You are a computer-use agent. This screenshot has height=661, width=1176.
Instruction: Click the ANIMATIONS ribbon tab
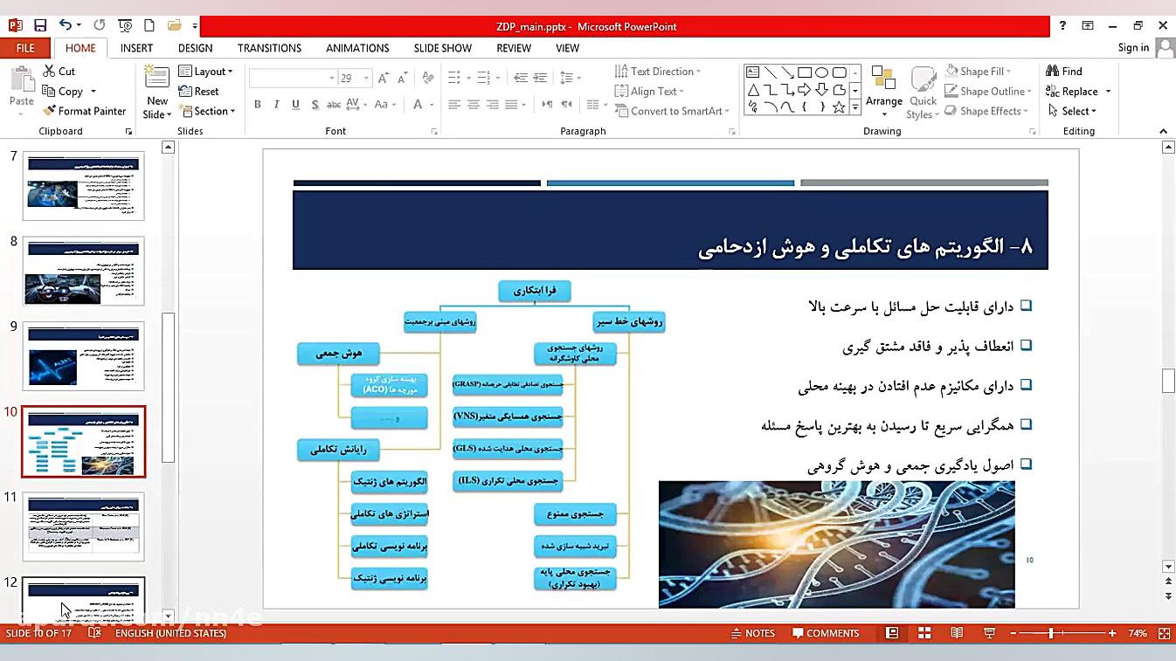pos(357,48)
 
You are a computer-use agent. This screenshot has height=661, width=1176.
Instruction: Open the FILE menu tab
pos(25,48)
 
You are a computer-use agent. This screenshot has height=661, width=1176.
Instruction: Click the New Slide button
pos(157,91)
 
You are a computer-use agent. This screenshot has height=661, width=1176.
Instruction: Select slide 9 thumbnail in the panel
pos(84,355)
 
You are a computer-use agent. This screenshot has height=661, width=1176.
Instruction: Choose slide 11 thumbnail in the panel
pos(84,526)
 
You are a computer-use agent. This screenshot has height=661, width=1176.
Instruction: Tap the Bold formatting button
pos(258,105)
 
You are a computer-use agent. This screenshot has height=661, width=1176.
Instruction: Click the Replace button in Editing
pos(1079,92)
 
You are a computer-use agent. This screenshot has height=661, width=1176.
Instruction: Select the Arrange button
pos(884,91)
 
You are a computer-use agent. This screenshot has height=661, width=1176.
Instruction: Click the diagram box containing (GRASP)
pos(508,383)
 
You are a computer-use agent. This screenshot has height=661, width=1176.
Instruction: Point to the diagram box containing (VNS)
pos(508,417)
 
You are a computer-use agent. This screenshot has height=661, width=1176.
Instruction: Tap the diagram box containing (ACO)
pos(389,385)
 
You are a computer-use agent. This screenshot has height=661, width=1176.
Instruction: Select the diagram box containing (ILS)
pos(508,480)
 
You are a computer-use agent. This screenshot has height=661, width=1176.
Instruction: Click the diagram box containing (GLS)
pos(508,449)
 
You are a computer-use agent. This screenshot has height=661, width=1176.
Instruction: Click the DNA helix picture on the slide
pos(836,543)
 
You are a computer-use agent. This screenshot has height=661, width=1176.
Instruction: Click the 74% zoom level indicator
pos(1137,633)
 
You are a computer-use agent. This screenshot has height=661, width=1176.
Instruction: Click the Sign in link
pos(1133,48)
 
